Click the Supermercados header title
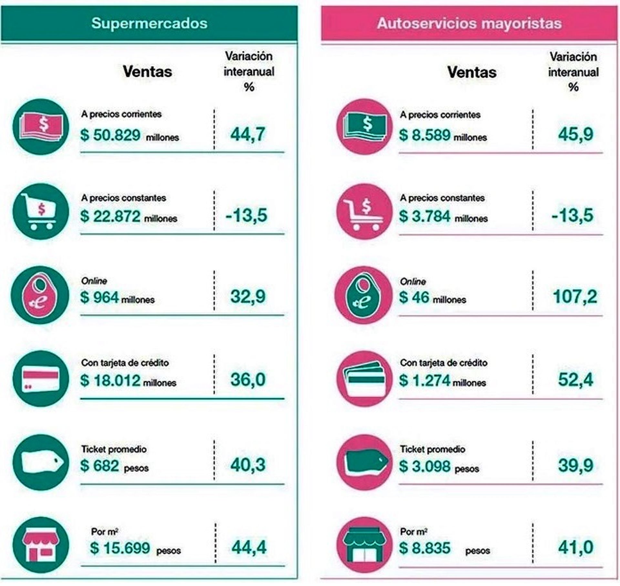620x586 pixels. (x=149, y=23)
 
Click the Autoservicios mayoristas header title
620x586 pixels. (x=469, y=23)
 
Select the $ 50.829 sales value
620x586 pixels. (x=110, y=135)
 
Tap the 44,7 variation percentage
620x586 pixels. (x=248, y=134)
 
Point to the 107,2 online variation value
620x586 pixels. (x=575, y=296)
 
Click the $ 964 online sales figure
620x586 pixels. (x=100, y=297)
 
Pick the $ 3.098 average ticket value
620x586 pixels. (x=425, y=466)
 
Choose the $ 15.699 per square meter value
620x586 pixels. (x=120, y=548)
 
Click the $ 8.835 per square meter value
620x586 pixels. (x=425, y=548)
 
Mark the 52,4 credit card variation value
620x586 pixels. (x=575, y=379)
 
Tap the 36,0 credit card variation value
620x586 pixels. (x=248, y=379)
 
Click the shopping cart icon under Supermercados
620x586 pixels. (x=41, y=211)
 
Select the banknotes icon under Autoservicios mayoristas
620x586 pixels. (x=364, y=127)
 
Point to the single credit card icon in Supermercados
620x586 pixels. (x=41, y=379)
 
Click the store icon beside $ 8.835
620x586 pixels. (x=364, y=545)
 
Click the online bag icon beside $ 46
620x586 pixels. (x=363, y=295)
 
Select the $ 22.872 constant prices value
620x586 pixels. (x=110, y=216)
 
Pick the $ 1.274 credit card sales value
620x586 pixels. (x=425, y=380)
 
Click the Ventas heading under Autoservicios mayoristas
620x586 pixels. (x=472, y=72)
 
